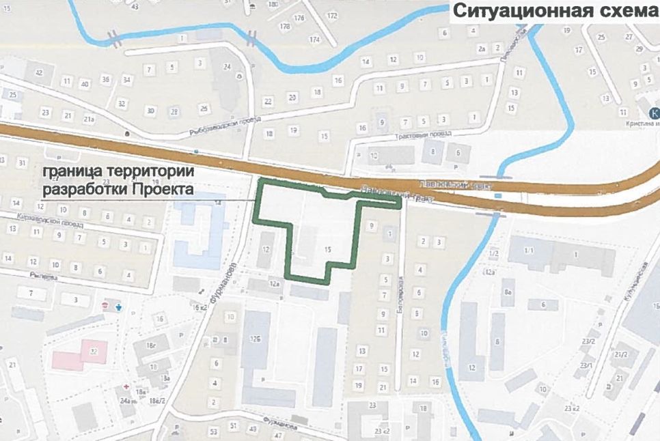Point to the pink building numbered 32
82,352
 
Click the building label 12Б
255,339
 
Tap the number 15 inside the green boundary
329,251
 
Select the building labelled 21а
89,119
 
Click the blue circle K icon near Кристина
653,113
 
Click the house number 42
39,73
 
